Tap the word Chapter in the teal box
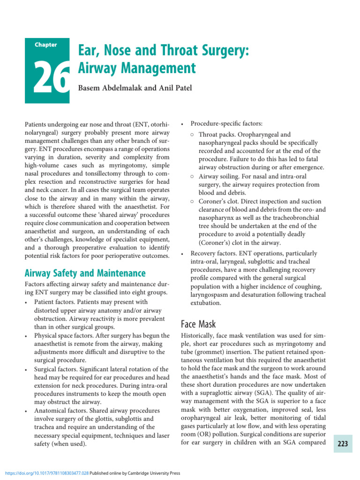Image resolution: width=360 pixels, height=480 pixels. pos(45,45)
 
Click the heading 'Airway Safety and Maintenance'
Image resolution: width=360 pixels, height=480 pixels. pos(85,273)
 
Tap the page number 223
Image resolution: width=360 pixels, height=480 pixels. pos(343,444)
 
